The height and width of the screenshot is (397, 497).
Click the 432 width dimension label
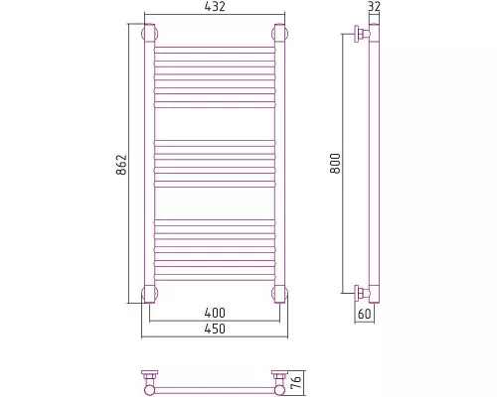(x=215, y=7)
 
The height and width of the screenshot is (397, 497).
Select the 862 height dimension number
(x=121, y=165)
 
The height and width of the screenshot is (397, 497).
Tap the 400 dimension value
(x=215, y=313)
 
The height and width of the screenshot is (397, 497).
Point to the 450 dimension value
(x=215, y=329)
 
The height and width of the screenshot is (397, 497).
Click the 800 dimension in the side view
(x=335, y=163)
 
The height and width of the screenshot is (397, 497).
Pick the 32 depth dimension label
(x=374, y=7)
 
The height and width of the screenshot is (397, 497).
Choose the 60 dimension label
(x=365, y=314)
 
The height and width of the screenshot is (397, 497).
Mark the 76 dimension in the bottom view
(x=297, y=382)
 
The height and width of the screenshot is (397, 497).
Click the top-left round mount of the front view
(x=150, y=34)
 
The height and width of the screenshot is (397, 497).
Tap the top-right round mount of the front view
(x=280, y=34)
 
